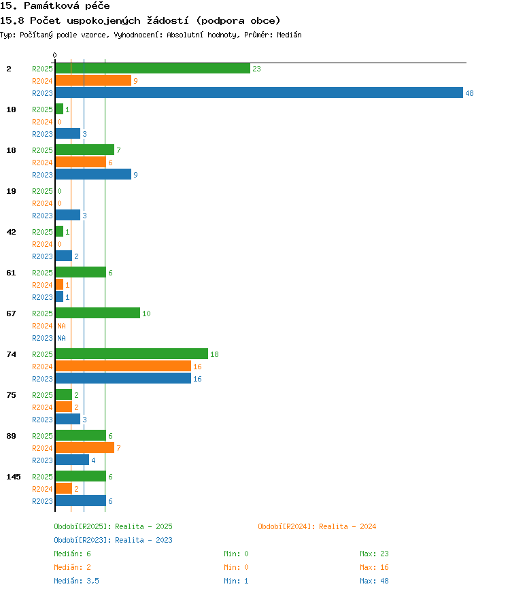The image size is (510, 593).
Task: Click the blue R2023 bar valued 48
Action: click(x=259, y=92)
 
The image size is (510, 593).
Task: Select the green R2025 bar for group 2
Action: click(x=153, y=68)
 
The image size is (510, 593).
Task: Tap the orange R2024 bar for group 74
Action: click(x=123, y=366)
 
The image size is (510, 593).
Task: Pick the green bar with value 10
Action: click(x=97, y=313)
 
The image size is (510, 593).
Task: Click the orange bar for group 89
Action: click(x=85, y=447)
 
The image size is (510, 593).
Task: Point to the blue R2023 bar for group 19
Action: click(x=68, y=215)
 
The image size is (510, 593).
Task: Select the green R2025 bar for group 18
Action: click(x=85, y=150)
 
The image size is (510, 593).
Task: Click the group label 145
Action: click(x=14, y=477)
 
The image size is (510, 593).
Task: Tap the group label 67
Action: click(x=12, y=314)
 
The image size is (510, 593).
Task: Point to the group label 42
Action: click(x=12, y=232)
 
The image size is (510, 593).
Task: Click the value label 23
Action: click(x=257, y=69)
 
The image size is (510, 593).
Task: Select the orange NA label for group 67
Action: click(x=61, y=326)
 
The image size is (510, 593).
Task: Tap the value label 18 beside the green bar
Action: click(x=214, y=354)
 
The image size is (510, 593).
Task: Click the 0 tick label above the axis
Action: click(x=55, y=55)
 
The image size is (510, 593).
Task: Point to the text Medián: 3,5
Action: click(x=76, y=581)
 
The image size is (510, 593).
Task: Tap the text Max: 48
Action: click(x=374, y=581)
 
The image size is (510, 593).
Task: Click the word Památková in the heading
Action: click(x=52, y=5)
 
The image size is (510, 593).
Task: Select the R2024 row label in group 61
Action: click(x=42, y=285)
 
